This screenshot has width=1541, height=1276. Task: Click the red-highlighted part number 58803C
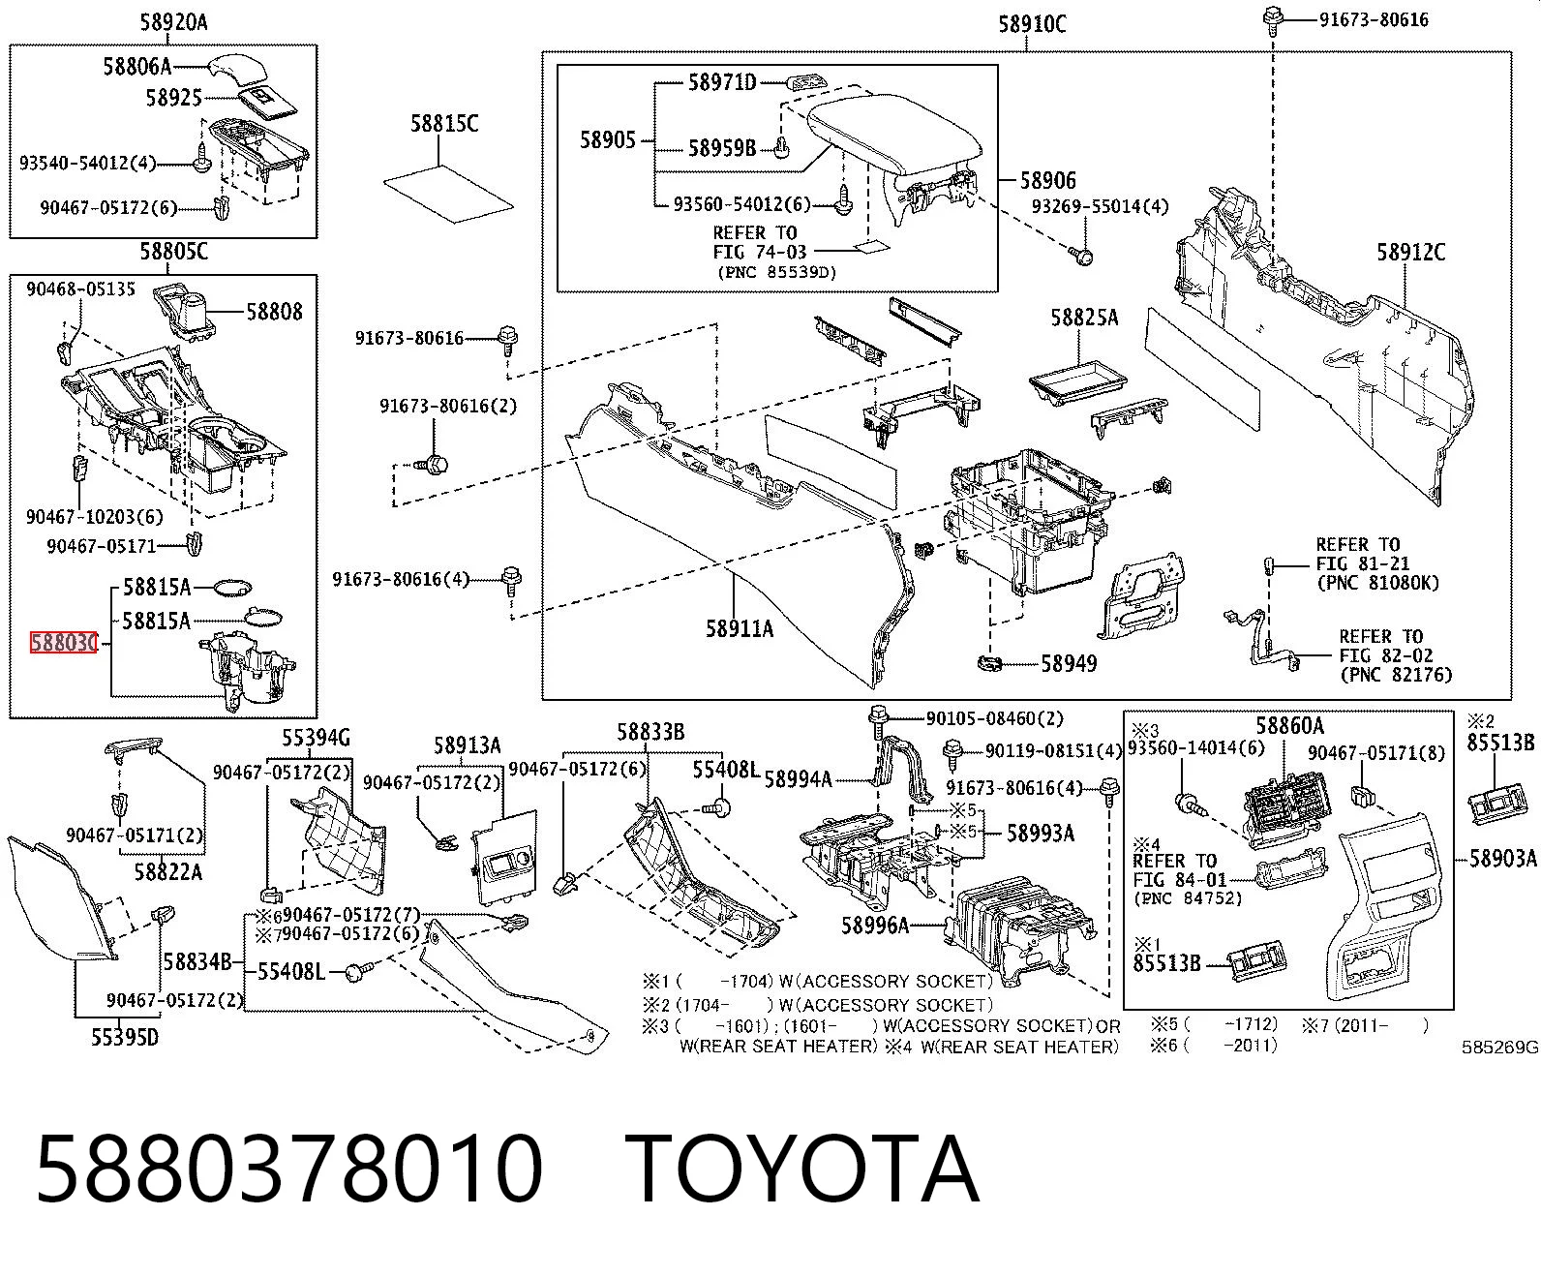pyautogui.click(x=64, y=643)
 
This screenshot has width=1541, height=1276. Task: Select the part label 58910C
pyautogui.click(x=1032, y=24)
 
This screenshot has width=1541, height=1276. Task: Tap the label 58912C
pyautogui.click(x=1410, y=253)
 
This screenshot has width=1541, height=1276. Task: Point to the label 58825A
pyautogui.click(x=1084, y=318)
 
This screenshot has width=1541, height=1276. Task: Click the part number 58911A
pyautogui.click(x=739, y=628)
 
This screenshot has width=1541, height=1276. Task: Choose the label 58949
pyautogui.click(x=1069, y=663)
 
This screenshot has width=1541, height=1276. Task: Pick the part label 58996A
pyautogui.click(x=875, y=926)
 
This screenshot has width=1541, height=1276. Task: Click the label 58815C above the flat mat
pyautogui.click(x=444, y=123)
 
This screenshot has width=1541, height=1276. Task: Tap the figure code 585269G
pyautogui.click(x=1500, y=1048)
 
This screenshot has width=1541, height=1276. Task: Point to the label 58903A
pyautogui.click(x=1503, y=858)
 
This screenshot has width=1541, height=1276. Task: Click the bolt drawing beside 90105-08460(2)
pyautogui.click(x=878, y=720)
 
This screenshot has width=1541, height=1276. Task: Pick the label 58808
pyautogui.click(x=274, y=312)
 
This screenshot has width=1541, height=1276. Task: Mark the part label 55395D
pyautogui.click(x=125, y=1037)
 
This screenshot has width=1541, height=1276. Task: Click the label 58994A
pyautogui.click(x=798, y=779)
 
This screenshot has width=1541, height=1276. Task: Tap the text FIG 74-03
pyautogui.click(x=760, y=253)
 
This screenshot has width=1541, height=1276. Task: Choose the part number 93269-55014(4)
pyautogui.click(x=1100, y=207)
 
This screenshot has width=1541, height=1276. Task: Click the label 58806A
pyautogui.click(x=137, y=67)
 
